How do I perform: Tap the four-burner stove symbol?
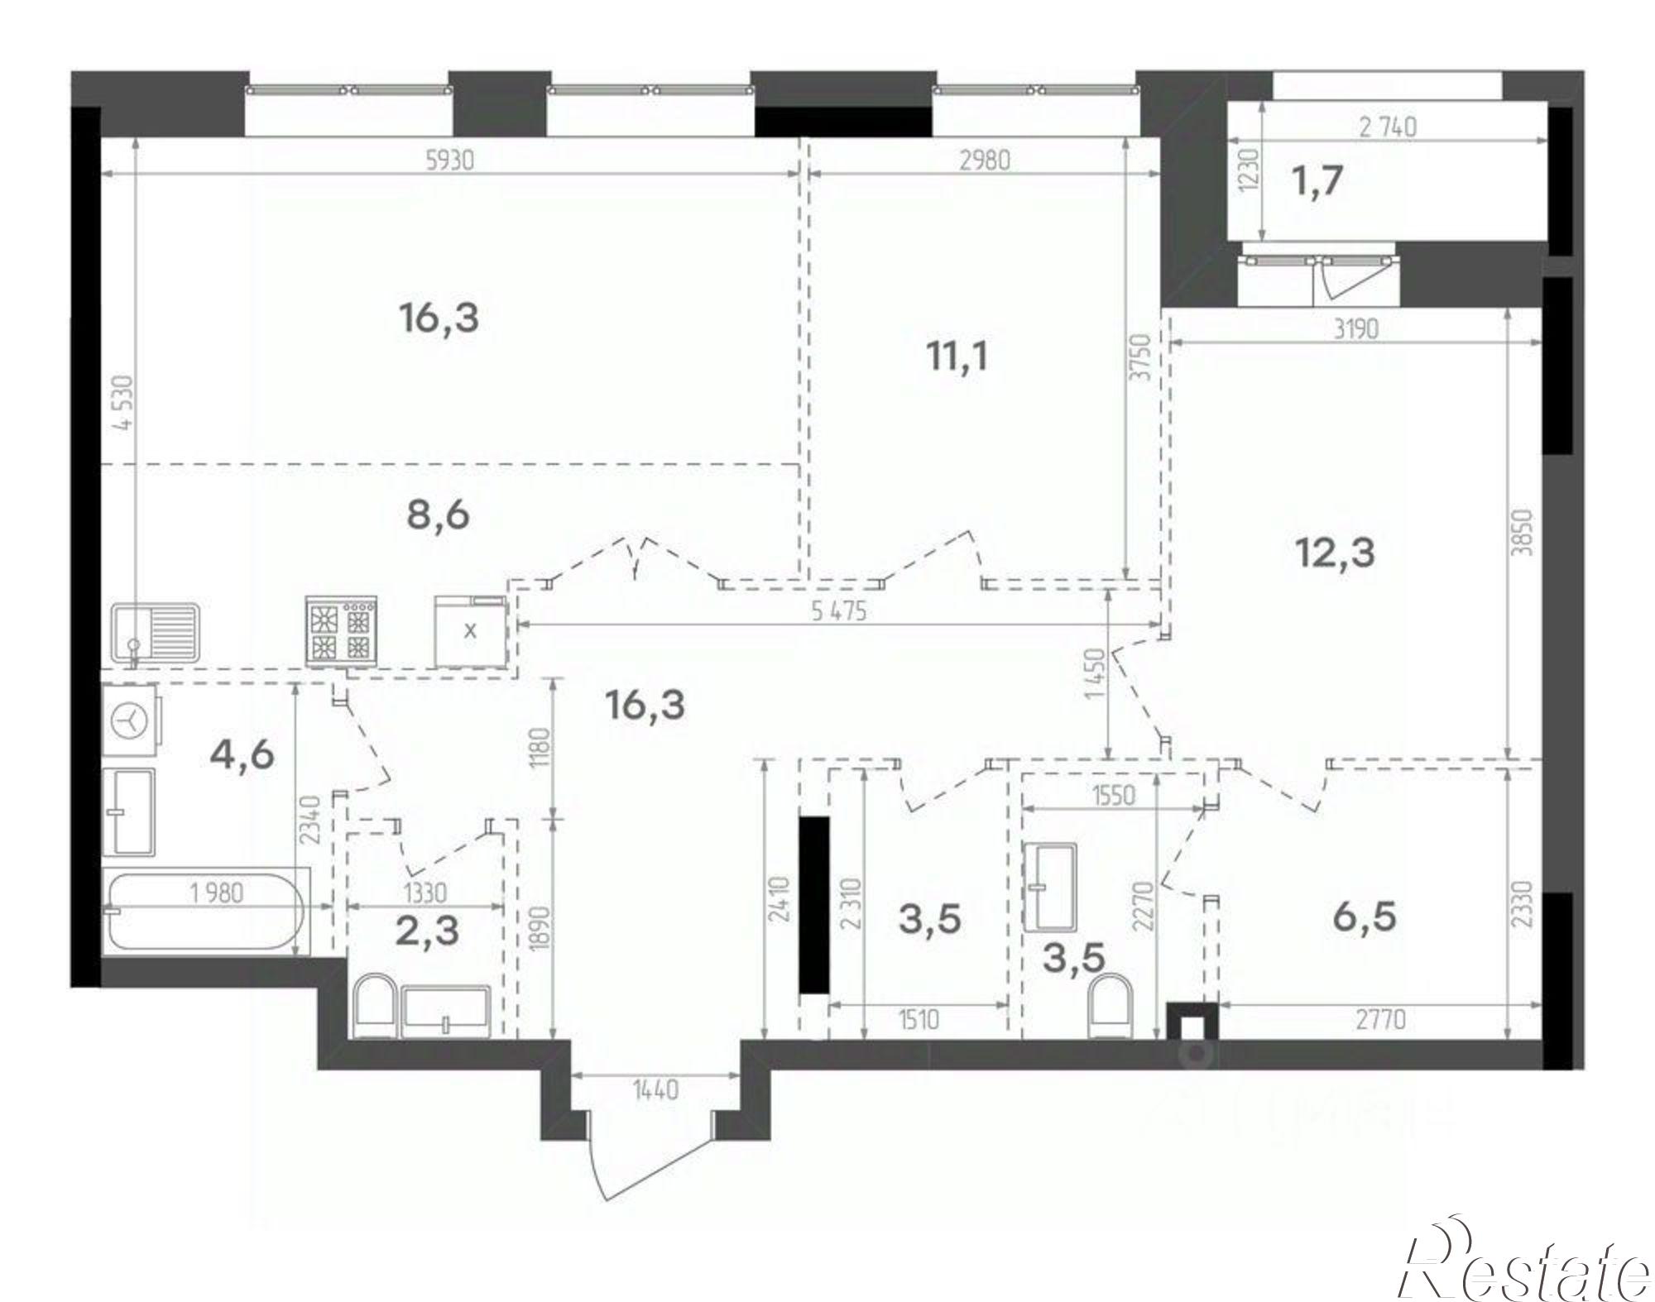tap(341, 630)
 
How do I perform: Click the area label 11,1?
tap(957, 357)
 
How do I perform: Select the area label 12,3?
tap(1335, 551)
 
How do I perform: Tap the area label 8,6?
tap(439, 515)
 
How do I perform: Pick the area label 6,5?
tap(1365, 917)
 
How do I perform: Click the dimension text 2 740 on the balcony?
tap(1388, 127)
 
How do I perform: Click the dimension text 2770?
tap(1380, 1020)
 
